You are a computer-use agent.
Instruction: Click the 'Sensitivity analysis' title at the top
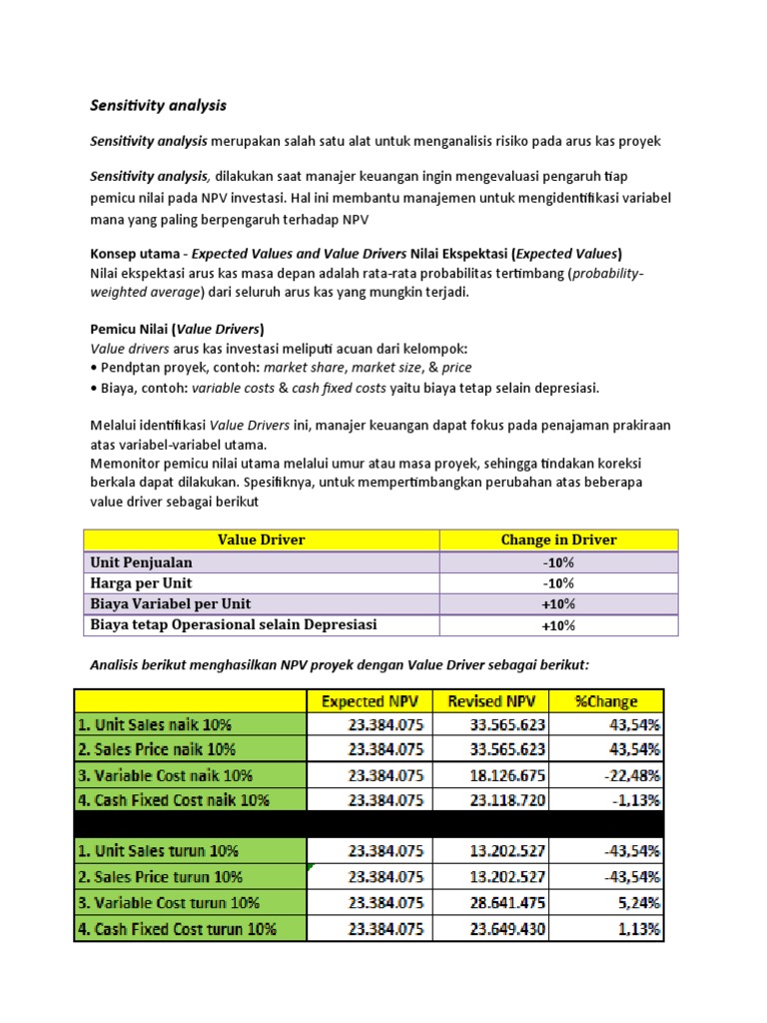(x=159, y=105)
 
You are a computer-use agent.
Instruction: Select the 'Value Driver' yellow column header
(x=261, y=539)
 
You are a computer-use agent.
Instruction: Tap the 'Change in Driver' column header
(x=558, y=539)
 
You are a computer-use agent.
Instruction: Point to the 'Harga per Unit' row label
(x=141, y=582)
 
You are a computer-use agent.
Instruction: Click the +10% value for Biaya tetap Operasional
(x=558, y=625)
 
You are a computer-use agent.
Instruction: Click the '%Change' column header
(x=606, y=701)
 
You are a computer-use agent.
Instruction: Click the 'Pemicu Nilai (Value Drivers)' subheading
(x=177, y=329)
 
